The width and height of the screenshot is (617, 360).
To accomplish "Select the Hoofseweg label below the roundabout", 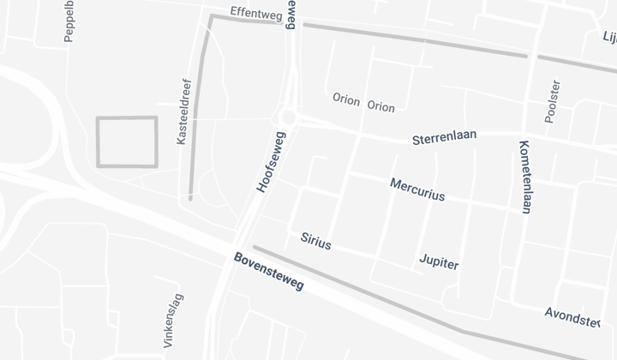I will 270,160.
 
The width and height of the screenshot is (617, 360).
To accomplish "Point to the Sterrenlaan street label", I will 444,137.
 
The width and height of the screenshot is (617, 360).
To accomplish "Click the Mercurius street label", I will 417,189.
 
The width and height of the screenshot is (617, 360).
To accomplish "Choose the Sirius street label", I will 316,241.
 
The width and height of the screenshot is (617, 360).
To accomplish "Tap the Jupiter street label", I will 439,261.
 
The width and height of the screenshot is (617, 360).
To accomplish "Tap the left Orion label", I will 346,98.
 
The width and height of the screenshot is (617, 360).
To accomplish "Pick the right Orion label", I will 380,107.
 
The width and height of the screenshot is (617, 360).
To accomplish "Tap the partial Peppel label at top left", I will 69,21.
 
